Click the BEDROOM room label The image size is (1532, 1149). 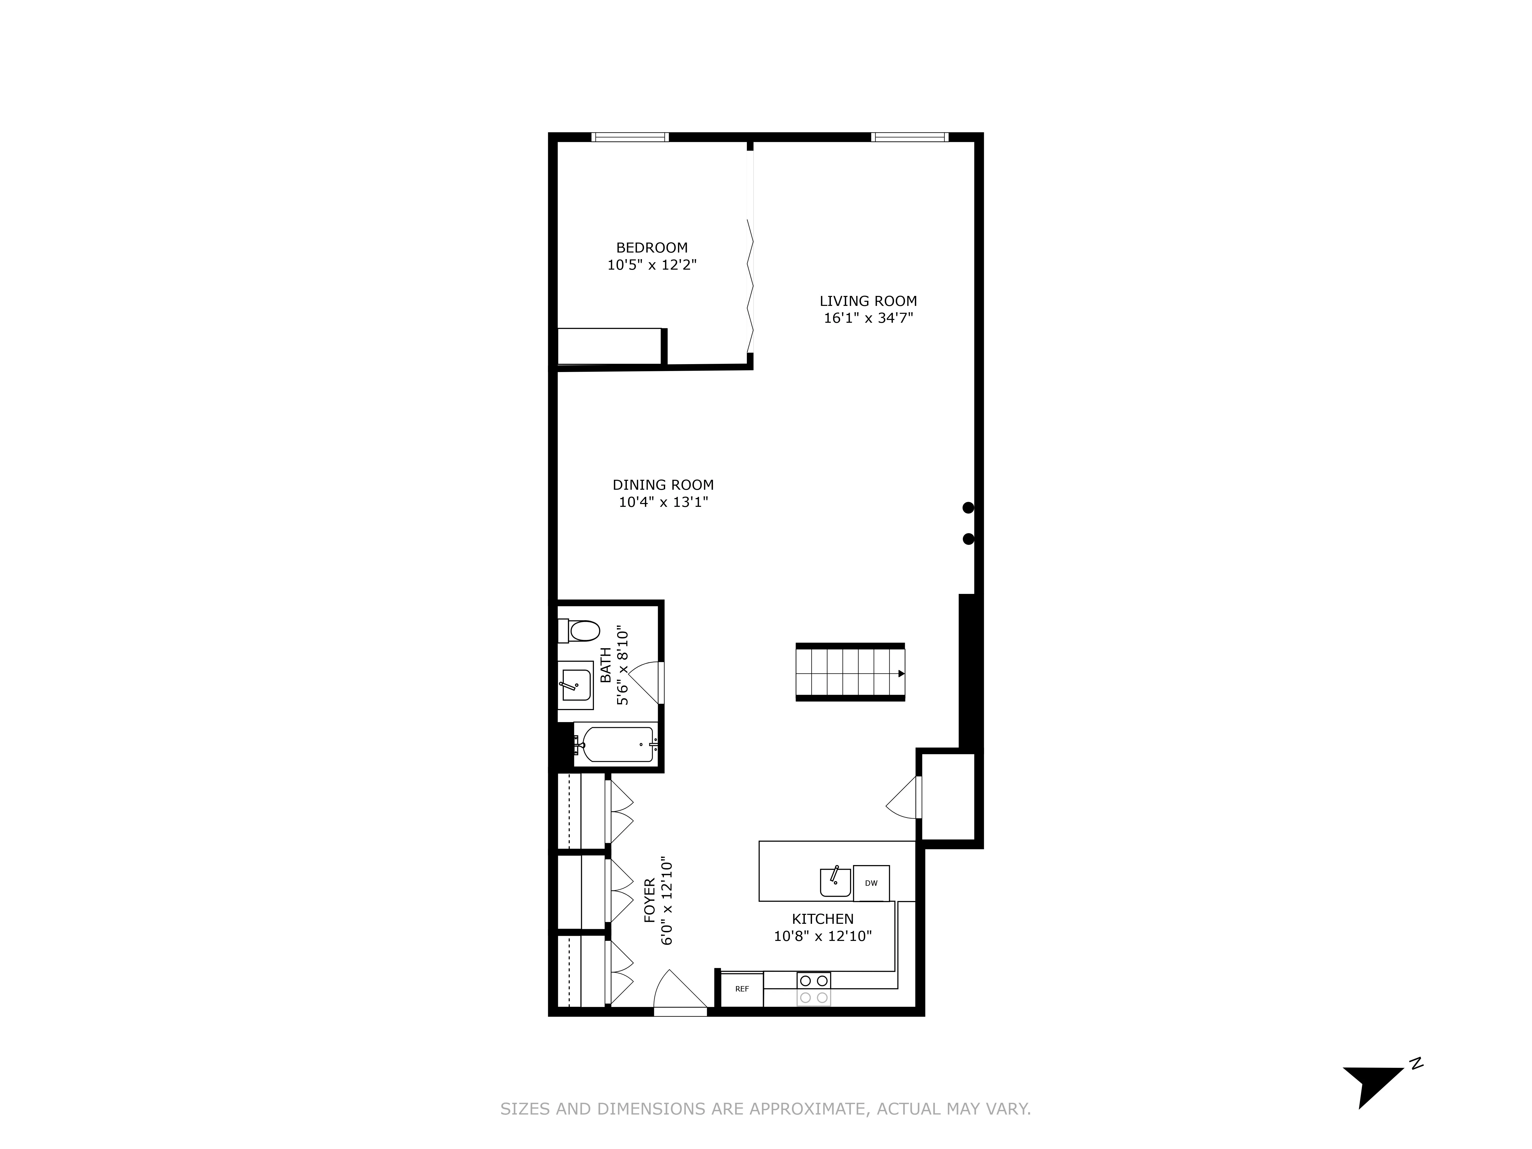coord(652,247)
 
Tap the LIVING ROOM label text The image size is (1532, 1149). coord(868,301)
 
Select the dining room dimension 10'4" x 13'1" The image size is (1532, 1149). coord(663,502)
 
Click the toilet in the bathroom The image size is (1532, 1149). coord(580,631)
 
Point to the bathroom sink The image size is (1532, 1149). coord(576,685)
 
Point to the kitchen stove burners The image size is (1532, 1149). coord(814,989)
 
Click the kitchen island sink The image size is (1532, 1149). coord(835,881)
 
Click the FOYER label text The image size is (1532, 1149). coord(650,900)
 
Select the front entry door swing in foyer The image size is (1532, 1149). coord(679,990)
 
